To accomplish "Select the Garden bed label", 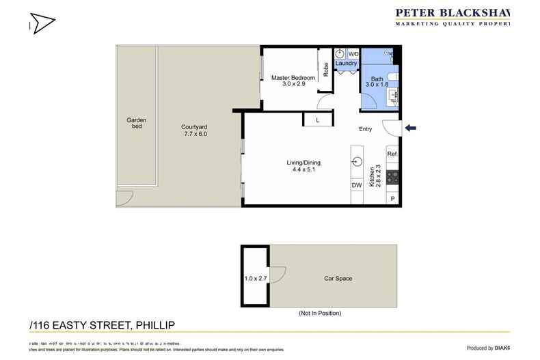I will (136, 123).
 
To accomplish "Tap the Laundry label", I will (346, 64).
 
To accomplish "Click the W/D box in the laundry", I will (353, 53).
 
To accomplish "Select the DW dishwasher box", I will (356, 185).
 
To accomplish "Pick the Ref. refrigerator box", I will (392, 154).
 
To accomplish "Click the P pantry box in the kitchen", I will (392, 198).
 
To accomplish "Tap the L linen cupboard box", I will (316, 120).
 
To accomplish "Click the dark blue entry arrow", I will (410, 128).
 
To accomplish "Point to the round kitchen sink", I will (357, 162).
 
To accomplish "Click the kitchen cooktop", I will (392, 177).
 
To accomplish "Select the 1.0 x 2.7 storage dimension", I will (254, 279).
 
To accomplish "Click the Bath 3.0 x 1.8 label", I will (377, 82).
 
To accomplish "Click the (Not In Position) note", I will (320, 313).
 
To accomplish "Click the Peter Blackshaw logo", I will (454, 16).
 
